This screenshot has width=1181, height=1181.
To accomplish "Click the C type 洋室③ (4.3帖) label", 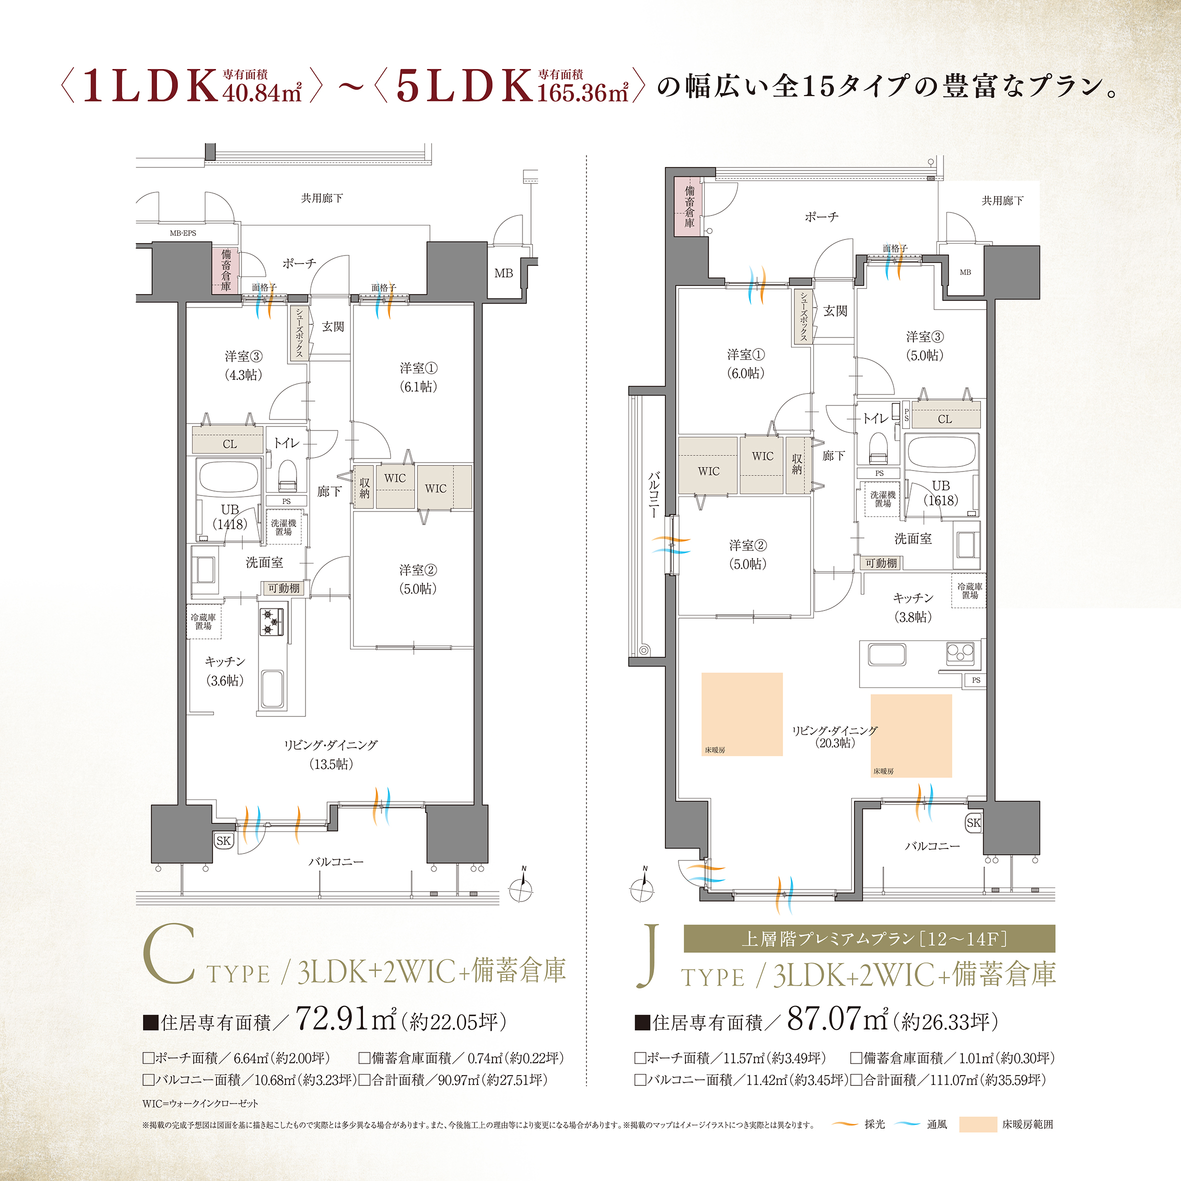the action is point(243,365).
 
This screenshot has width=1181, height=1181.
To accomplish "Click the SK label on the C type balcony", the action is point(223,840).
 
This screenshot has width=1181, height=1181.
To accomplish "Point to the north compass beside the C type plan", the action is point(521,889).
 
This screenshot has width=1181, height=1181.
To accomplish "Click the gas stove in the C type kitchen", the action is point(272,621).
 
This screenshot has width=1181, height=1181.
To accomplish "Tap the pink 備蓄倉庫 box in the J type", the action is point(689,206).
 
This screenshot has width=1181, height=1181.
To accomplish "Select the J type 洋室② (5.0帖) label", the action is point(747,554).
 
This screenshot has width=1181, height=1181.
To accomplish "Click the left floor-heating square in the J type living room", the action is point(742,714).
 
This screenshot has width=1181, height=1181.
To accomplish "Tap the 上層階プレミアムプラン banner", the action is point(869,938).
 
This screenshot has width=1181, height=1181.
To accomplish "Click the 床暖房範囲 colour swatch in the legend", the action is point(977,1124).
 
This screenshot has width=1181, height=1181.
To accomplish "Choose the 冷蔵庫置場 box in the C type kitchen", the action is point(203,621).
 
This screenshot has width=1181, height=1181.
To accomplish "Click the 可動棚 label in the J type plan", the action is point(881,563).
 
